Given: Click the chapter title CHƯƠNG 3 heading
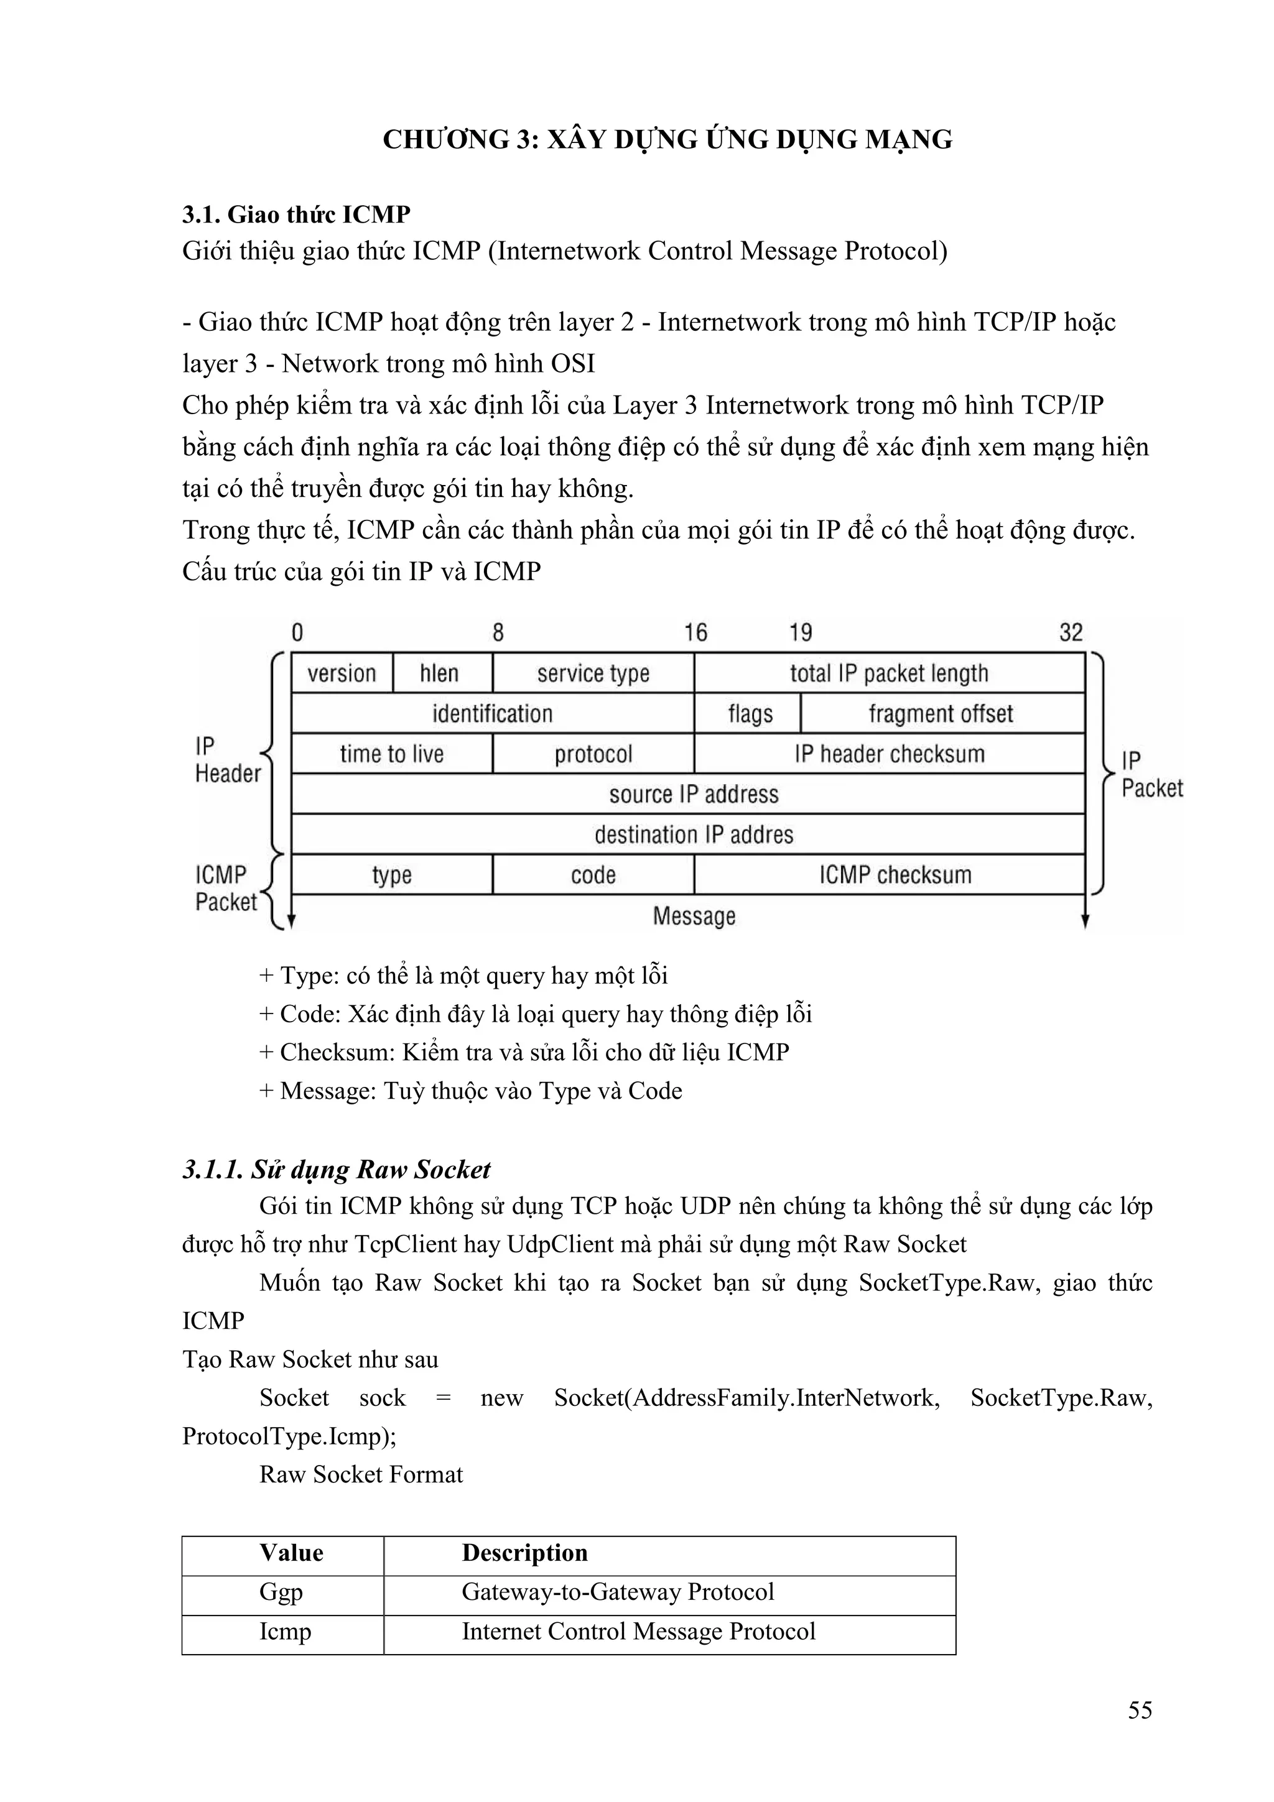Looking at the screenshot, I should (x=667, y=140).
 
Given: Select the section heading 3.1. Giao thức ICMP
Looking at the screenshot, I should (x=296, y=215).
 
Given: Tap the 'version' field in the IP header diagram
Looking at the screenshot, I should (x=342, y=673).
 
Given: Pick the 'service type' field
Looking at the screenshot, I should (x=593, y=673).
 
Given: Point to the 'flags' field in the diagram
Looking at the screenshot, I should (x=750, y=713).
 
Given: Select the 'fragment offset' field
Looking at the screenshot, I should (x=941, y=713).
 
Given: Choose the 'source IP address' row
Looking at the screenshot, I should (x=693, y=794).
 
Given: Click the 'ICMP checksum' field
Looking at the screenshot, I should (x=895, y=874).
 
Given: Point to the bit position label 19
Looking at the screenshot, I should (x=800, y=632).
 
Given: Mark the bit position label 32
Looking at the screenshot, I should (x=1071, y=632).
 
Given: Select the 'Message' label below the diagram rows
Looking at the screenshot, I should (x=694, y=916).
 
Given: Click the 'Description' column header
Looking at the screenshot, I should (x=524, y=1553).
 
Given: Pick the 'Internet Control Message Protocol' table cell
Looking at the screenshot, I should (x=638, y=1631).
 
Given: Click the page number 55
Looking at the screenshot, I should (x=1140, y=1732).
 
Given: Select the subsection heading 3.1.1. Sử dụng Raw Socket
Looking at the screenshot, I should (x=336, y=1170).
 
